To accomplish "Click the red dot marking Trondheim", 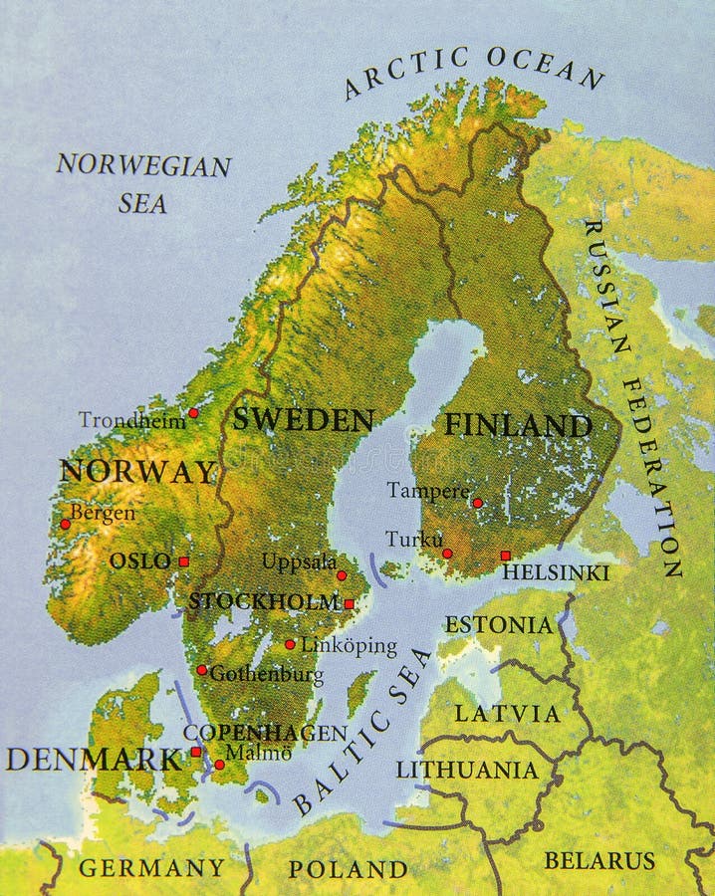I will [x=193, y=413].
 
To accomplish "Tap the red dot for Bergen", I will [x=65, y=524].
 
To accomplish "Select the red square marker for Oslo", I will [x=183, y=561].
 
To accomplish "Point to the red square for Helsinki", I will [x=505, y=556].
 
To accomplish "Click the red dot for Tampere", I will [x=477, y=503].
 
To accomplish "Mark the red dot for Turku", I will [x=447, y=554].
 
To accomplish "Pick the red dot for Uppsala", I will [x=342, y=575].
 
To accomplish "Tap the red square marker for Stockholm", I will [x=349, y=603].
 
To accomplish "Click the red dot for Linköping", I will [x=290, y=644].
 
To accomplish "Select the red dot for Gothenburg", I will [x=201, y=670].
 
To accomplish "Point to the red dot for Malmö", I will [x=219, y=765].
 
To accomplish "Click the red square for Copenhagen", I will [x=196, y=752].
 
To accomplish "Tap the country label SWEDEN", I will [x=303, y=420].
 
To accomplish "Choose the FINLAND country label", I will [x=518, y=426].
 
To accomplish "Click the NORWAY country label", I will [x=137, y=472].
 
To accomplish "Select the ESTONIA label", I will [x=498, y=625].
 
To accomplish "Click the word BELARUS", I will [x=599, y=860].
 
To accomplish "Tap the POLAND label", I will [x=348, y=869].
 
